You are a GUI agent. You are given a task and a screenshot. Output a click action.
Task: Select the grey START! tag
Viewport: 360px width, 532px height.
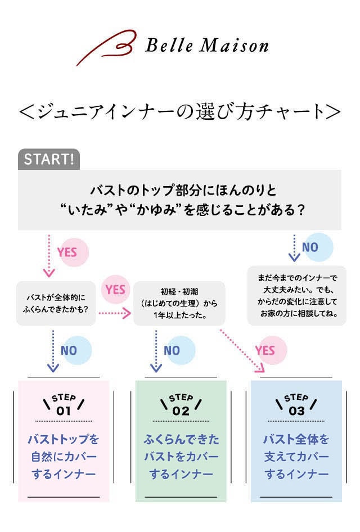[x=49, y=159]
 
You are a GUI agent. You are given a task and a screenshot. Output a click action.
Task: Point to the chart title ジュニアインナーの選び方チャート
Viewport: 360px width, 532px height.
[x=180, y=111]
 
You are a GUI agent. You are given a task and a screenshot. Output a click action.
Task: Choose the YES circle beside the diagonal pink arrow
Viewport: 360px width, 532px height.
[x=268, y=350]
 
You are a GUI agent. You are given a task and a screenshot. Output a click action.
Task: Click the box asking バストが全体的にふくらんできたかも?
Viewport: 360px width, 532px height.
[x=56, y=304]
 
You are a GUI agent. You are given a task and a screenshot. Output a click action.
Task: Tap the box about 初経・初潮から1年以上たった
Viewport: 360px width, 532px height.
[x=179, y=304]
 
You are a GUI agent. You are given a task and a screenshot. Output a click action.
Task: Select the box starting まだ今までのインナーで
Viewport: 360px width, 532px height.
[x=296, y=296]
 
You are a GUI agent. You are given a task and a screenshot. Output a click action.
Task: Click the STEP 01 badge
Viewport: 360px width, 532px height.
[x=64, y=405]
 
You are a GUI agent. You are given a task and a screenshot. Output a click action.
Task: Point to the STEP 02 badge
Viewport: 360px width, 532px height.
[x=181, y=405]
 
